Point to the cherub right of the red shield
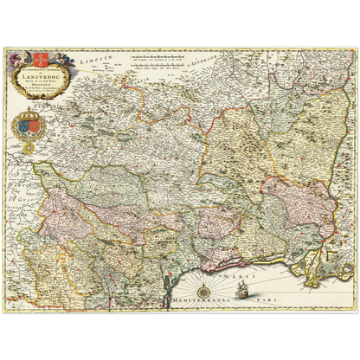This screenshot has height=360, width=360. click(49, 61)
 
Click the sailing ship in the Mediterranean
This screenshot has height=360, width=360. click(243, 291)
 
